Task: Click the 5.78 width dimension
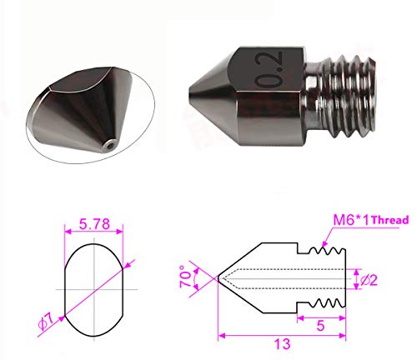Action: tap(94, 224)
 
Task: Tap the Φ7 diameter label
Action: tap(46, 322)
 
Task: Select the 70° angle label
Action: tap(186, 277)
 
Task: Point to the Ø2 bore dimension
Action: tap(369, 281)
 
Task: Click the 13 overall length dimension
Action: tap(283, 344)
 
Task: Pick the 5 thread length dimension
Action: tap(320, 326)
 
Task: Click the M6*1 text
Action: tap(351, 220)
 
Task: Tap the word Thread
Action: tap(390, 220)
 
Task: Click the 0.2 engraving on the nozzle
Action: tap(269, 69)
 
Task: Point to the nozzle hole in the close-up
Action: tap(111, 145)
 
